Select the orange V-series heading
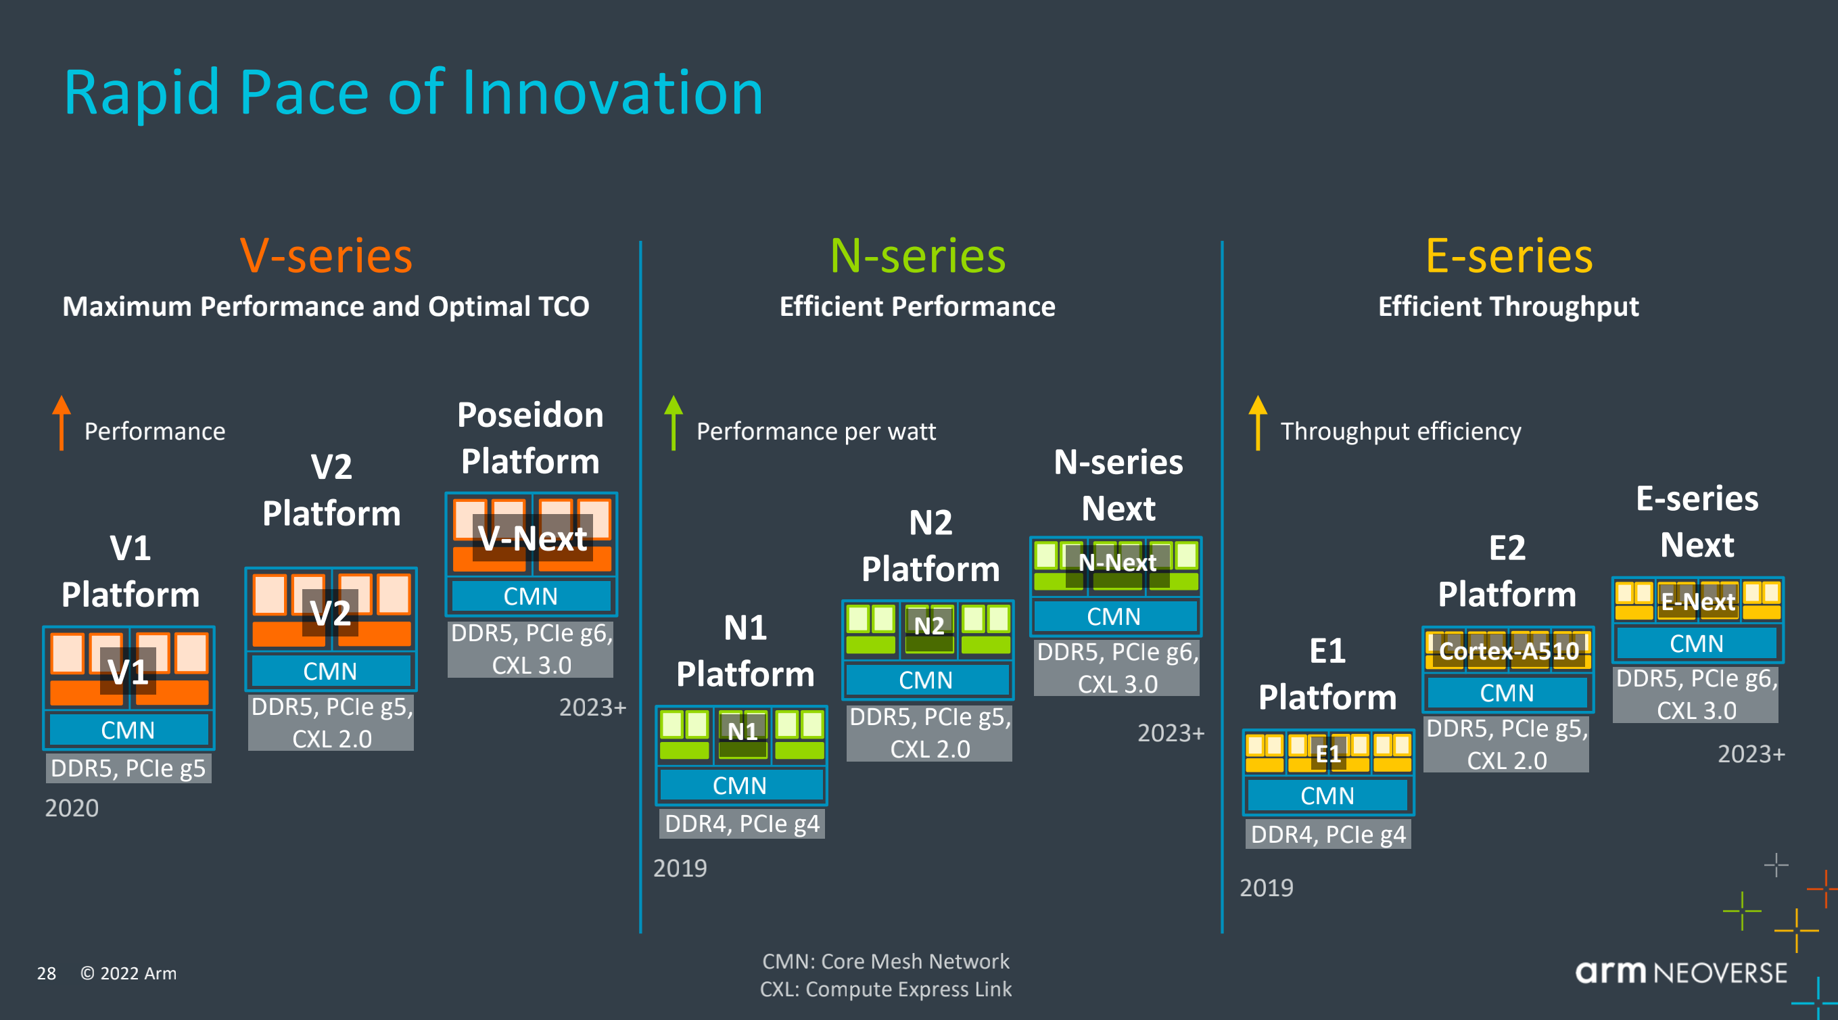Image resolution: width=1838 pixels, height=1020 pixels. point(326,256)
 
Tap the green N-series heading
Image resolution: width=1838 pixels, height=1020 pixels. point(918,256)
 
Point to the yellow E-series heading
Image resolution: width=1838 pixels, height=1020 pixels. point(1509,256)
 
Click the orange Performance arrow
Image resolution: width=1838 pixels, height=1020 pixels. point(62,423)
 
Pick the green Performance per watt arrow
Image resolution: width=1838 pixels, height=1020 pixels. point(674,423)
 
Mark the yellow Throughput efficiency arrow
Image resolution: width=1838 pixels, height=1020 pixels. point(1258,423)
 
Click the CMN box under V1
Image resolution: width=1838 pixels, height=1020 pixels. point(128,729)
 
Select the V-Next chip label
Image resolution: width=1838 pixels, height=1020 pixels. point(532,538)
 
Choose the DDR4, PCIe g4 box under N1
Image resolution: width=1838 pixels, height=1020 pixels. point(741,824)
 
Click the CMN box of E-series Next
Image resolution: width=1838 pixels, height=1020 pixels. point(1696,643)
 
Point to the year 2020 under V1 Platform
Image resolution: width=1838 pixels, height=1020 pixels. point(72,808)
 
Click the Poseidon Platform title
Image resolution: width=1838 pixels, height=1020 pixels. point(530,438)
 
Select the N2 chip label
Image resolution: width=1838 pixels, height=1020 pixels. point(929,626)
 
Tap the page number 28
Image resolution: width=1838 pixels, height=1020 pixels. point(47,973)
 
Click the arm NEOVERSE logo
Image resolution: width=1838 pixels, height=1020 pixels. point(1681,972)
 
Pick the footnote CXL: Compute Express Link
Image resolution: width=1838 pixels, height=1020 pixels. point(885,990)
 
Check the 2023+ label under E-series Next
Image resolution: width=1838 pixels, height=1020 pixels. point(1751,754)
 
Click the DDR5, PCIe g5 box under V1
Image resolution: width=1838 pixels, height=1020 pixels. point(128,768)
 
